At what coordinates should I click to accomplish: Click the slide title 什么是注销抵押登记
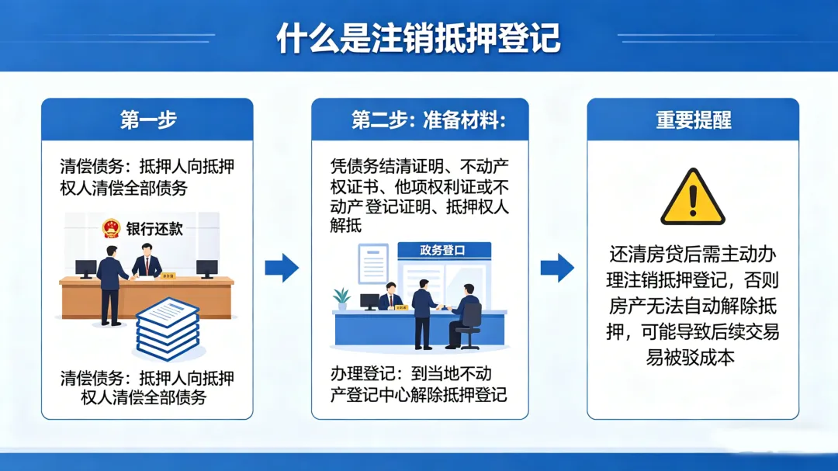tap(418, 37)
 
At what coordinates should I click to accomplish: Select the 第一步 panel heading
tap(147, 119)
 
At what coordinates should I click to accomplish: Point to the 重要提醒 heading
tap(693, 119)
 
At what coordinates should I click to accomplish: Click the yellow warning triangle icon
tap(692, 198)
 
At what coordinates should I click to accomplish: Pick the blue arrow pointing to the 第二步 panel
tap(282, 268)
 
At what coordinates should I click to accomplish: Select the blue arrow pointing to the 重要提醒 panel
tap(557, 268)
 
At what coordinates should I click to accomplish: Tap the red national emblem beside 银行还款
tap(111, 228)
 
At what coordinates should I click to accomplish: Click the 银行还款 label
tap(154, 229)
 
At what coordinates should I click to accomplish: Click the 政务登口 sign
tap(443, 250)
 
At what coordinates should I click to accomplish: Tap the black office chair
tap(470, 323)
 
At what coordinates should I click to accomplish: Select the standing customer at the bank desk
tap(110, 283)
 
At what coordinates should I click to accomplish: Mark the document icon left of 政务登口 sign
tap(373, 263)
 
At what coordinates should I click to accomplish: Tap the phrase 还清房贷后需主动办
tap(692, 255)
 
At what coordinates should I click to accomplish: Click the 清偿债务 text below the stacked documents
tap(92, 379)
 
